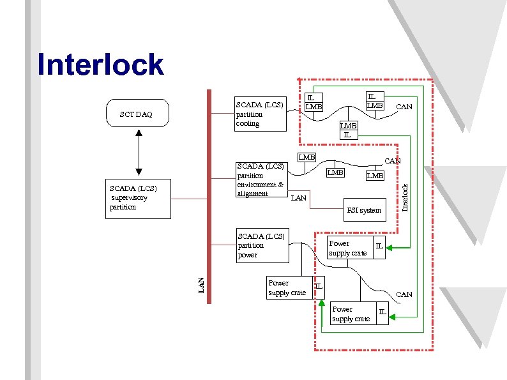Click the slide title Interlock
100,65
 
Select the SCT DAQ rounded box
136,114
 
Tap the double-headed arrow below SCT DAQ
136,153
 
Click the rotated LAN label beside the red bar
201,285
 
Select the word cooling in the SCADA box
248,123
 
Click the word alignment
252,194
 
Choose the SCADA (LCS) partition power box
261,245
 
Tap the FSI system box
363,209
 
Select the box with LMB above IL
348,130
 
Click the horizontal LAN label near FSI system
298,198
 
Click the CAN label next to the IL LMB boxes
404,107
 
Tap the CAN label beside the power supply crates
404,294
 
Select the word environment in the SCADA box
256,185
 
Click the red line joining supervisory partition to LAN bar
189,199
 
